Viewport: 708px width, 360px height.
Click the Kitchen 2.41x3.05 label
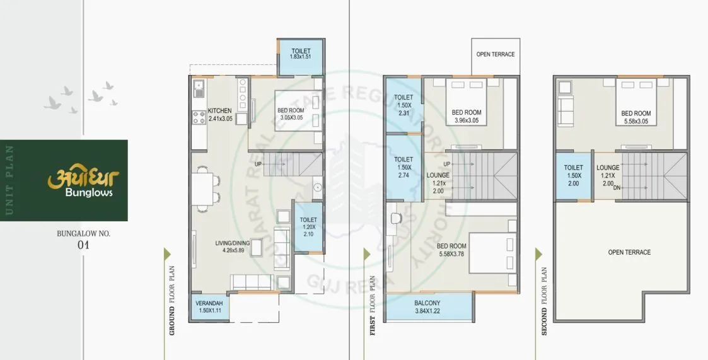(220, 115)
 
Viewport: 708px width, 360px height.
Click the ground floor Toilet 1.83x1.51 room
(301, 54)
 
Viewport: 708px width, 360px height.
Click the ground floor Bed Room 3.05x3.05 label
(290, 114)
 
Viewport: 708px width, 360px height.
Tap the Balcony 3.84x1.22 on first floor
(428, 307)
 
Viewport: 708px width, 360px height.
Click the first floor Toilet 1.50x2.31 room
(403, 105)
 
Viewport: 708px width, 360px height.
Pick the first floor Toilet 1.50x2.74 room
(403, 168)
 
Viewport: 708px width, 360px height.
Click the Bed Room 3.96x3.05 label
(466, 116)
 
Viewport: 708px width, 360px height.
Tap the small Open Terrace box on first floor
(495, 55)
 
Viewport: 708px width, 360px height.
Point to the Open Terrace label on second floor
(629, 252)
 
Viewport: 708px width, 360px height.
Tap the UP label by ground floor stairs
(258, 165)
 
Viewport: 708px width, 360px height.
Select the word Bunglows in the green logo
(89, 193)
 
